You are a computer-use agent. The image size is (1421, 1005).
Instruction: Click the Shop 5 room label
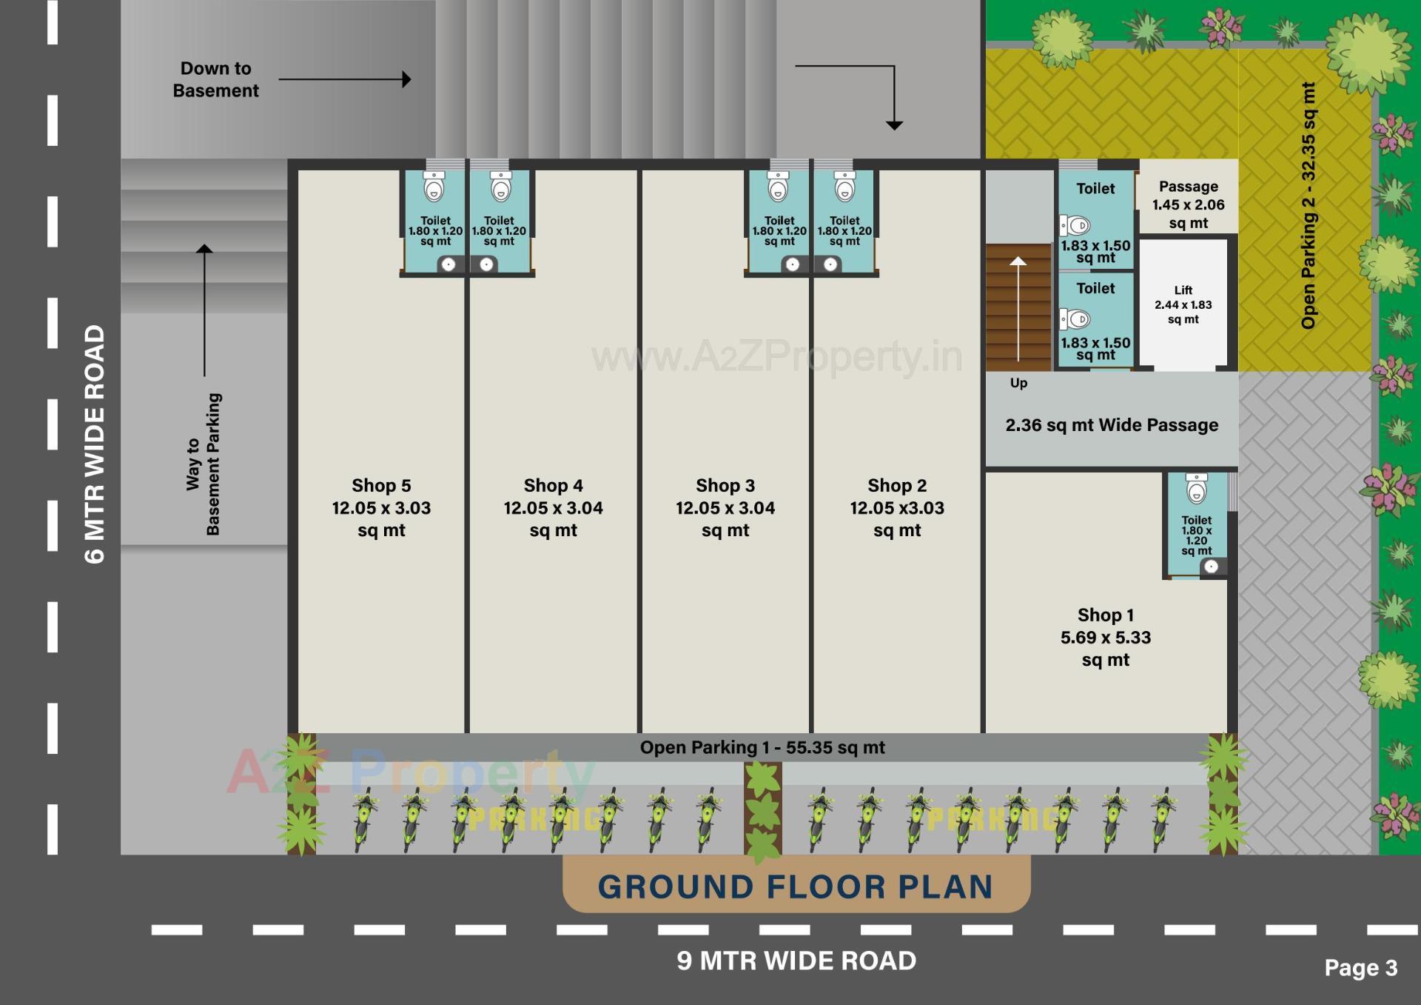381,486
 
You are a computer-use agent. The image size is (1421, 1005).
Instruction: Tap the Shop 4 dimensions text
553,508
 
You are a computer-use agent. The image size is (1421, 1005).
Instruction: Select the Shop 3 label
725,486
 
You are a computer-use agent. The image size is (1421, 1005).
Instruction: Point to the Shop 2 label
897,486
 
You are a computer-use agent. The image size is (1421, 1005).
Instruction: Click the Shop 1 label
1105,615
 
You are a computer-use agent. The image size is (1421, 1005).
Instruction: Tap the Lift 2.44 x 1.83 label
1183,304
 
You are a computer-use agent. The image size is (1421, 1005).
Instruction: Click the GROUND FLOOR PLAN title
795,887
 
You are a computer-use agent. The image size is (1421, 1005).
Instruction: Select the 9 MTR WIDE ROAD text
796,961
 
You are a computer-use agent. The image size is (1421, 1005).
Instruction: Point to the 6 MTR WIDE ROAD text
95,444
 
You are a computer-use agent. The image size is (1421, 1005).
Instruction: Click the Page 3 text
1360,968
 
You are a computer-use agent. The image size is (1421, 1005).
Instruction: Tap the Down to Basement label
215,79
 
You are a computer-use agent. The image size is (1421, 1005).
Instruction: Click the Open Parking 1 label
762,747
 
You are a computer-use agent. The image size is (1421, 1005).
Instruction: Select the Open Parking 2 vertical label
1309,206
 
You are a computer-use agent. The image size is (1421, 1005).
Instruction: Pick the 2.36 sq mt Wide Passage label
1111,425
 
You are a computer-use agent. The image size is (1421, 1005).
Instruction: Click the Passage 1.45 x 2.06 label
1188,204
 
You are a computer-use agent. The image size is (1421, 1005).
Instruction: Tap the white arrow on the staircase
1018,311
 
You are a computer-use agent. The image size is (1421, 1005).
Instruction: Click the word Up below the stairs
1018,383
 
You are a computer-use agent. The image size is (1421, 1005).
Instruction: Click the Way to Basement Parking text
203,464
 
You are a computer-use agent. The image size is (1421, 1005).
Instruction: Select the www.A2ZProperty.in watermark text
777,357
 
